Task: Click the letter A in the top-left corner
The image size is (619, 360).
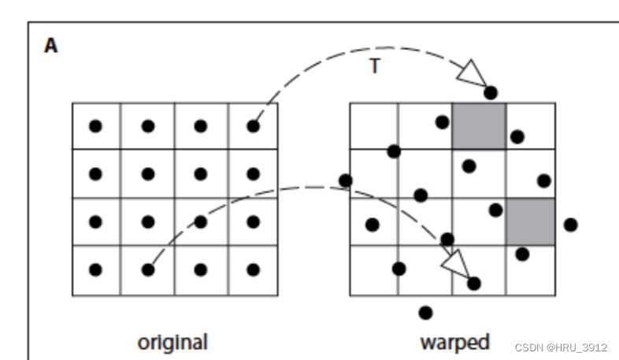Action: tap(50, 46)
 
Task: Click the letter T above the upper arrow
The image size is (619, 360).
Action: tap(375, 66)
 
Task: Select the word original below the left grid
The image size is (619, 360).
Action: tap(172, 343)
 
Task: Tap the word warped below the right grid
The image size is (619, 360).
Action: tap(454, 343)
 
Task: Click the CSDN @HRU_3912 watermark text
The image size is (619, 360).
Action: tap(562, 347)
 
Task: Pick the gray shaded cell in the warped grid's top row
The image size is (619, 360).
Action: tap(478, 126)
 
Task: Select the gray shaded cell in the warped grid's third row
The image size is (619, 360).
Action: tap(530, 222)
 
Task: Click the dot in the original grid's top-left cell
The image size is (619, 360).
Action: tap(95, 126)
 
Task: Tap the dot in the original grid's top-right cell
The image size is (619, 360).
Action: tap(253, 126)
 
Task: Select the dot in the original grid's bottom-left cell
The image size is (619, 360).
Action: tap(95, 269)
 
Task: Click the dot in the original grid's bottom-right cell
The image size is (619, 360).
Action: tap(253, 269)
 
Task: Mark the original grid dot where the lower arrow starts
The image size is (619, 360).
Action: tap(148, 269)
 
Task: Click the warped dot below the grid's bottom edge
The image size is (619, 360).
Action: tap(426, 313)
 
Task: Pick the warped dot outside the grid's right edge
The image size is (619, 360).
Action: tap(571, 225)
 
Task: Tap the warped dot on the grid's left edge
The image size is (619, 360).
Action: tap(345, 180)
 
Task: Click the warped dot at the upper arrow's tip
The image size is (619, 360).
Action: tap(491, 93)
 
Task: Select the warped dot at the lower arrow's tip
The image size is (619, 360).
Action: tap(473, 283)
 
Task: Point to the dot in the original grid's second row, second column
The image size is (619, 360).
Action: tap(148, 174)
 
